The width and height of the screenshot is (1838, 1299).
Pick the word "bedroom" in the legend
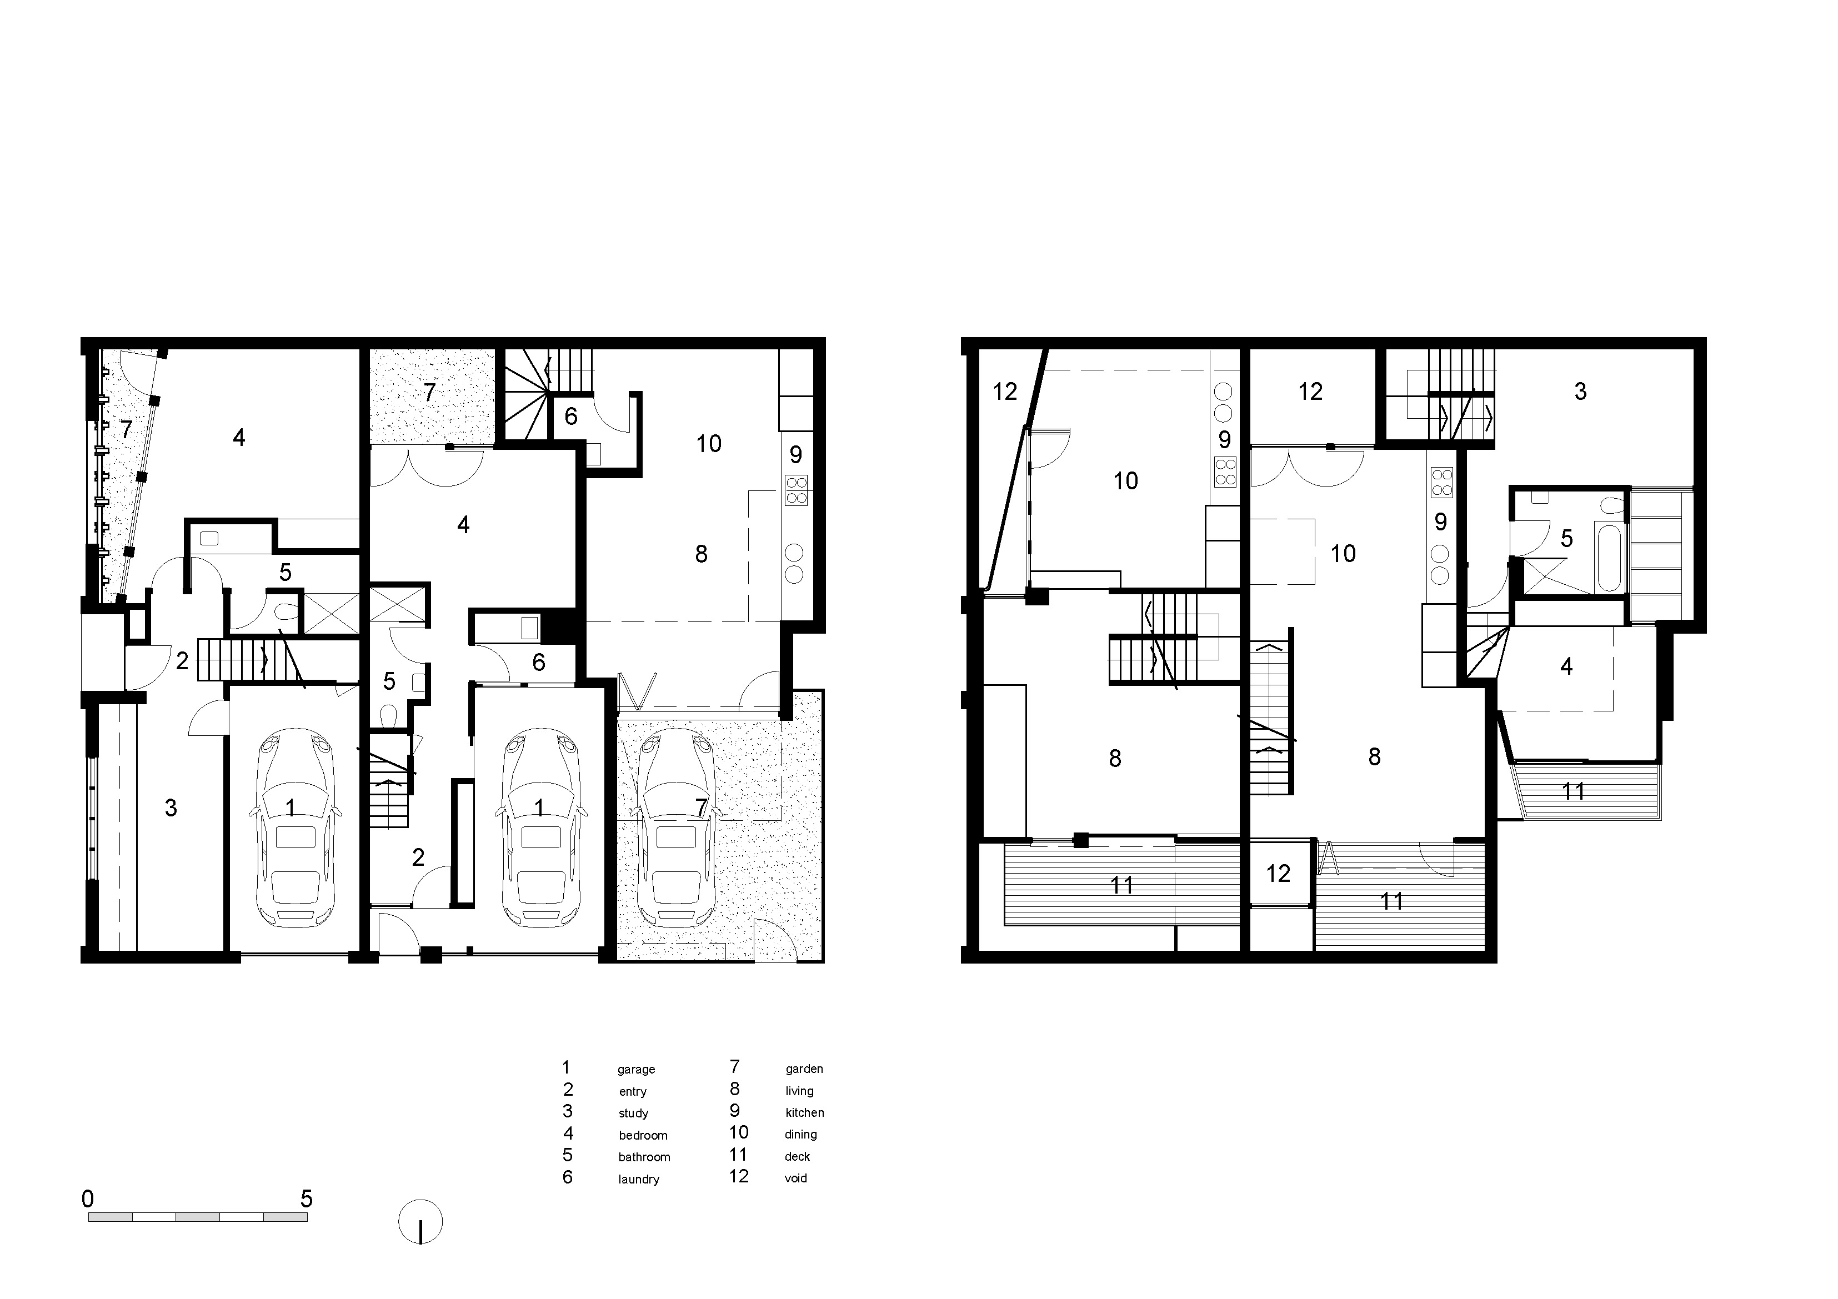point(643,1135)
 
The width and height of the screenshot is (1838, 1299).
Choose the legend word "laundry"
point(639,1179)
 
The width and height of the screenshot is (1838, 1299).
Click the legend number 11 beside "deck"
point(738,1154)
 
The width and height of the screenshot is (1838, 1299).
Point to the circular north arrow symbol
point(420,1222)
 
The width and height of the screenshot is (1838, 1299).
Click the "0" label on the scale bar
point(88,1199)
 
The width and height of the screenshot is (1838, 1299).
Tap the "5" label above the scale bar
point(306,1199)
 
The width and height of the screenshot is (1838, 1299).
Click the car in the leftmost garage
point(294,827)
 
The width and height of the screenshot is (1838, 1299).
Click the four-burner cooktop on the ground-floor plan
point(797,490)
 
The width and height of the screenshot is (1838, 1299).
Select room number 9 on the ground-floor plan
point(796,455)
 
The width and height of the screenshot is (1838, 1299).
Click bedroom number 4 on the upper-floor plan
point(1566,666)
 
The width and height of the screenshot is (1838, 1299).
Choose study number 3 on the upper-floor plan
point(1580,392)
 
